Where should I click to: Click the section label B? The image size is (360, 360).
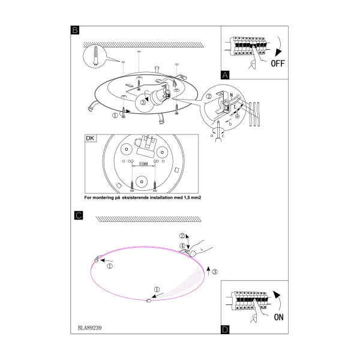tap(75, 30)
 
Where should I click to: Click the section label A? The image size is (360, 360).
tap(225, 75)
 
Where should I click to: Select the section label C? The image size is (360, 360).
tap(79, 215)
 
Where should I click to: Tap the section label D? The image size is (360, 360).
tap(225, 329)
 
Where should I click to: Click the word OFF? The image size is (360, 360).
tap(278, 64)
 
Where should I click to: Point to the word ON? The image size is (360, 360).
tap(279, 317)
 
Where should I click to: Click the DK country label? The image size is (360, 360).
tap(90, 138)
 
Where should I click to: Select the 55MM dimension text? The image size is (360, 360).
tap(143, 164)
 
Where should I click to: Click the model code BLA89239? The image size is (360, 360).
tap(90, 328)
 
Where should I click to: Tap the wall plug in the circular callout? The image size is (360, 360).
tap(96, 56)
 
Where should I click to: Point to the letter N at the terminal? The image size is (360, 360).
tap(232, 95)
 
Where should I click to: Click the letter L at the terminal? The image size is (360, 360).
tap(235, 107)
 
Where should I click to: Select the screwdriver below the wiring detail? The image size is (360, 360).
tap(218, 131)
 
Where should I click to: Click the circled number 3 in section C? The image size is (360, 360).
tap(215, 272)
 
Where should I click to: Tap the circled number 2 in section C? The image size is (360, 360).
tap(182, 236)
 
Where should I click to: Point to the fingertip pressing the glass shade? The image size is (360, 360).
tap(193, 253)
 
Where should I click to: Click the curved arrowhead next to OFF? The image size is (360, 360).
tap(278, 52)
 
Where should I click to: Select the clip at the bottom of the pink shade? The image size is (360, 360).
tap(149, 301)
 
